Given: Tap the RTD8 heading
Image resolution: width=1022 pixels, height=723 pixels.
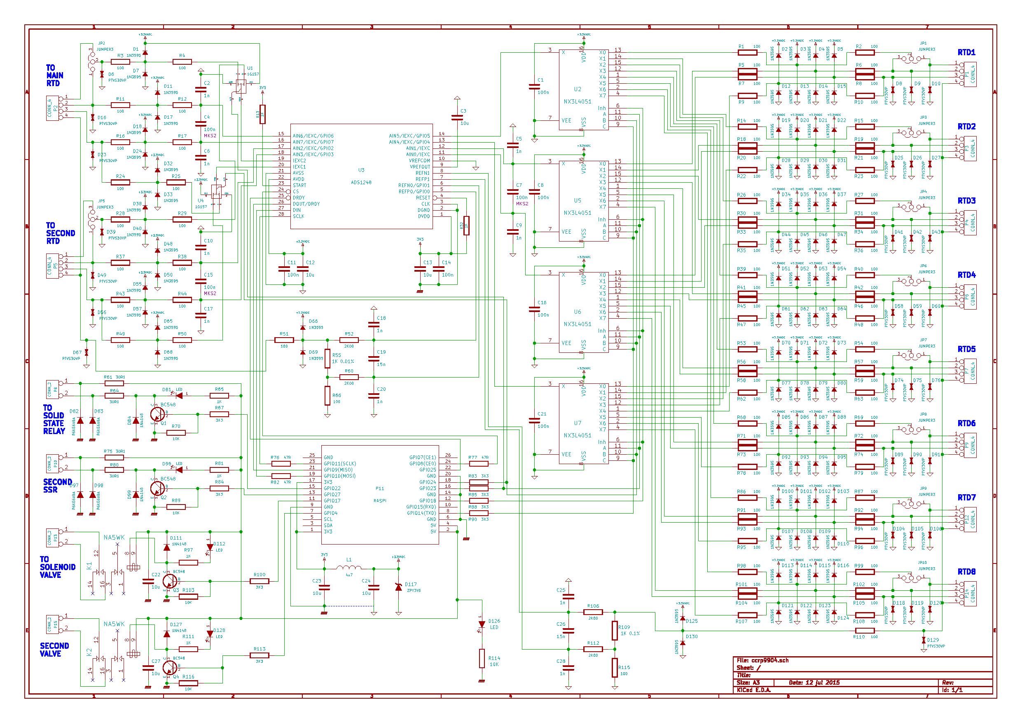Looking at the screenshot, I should coord(966,572).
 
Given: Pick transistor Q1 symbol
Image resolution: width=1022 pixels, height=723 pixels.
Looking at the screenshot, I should coord(157,414).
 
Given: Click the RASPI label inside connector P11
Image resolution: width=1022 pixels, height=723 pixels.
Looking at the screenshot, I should coord(380,500).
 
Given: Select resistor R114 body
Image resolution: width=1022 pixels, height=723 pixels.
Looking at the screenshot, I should coord(482,658).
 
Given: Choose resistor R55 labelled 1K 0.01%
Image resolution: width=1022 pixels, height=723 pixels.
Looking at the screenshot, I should coord(327,359).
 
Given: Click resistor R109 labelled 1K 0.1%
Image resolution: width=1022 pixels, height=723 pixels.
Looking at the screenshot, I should coord(615,631).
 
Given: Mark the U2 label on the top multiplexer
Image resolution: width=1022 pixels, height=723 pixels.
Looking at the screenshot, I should coord(578,89).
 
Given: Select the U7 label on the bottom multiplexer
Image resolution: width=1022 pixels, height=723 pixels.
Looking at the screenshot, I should coord(578,423).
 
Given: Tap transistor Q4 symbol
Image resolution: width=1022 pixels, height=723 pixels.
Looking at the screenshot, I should coord(169,667).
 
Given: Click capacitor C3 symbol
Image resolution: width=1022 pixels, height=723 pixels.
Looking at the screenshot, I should coord(457,117).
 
